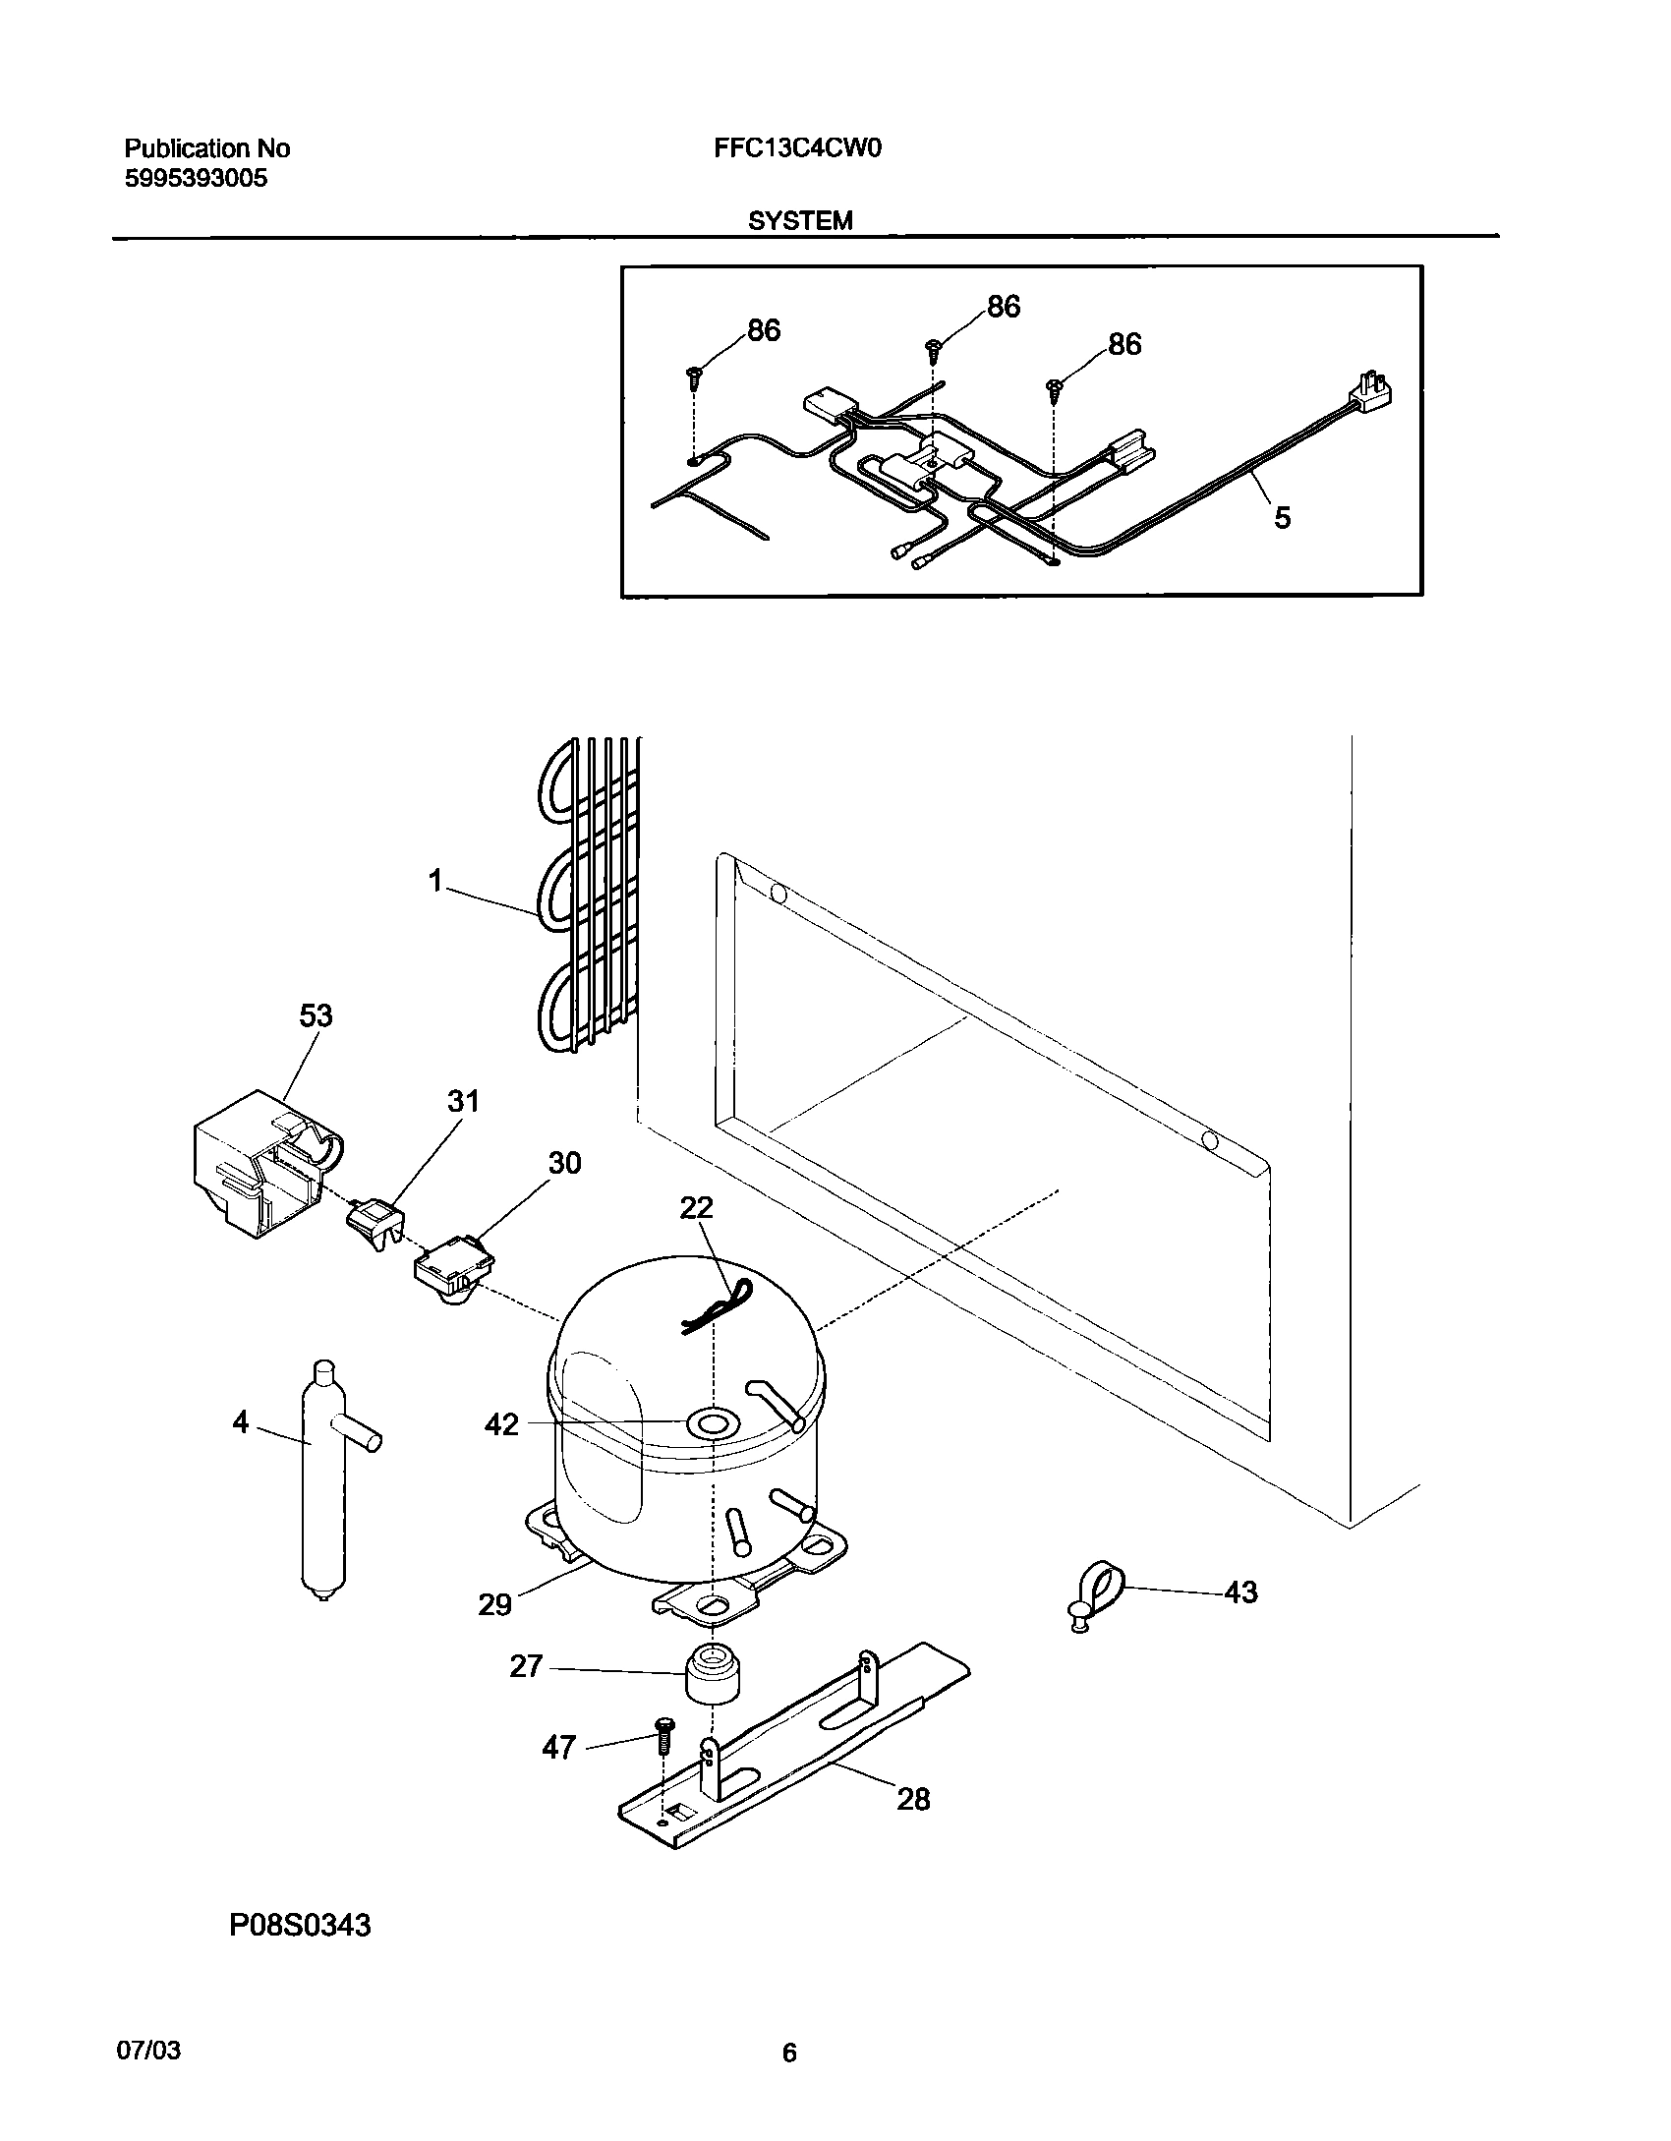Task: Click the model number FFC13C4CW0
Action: click(792, 148)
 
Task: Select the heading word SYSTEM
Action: click(800, 221)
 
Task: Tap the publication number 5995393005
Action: click(196, 179)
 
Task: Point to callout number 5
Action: click(1282, 518)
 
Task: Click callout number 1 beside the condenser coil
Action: click(436, 881)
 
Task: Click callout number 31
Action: click(463, 1101)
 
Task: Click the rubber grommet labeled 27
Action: click(711, 1672)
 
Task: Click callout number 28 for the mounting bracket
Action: click(913, 1799)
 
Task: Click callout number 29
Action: click(494, 1604)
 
